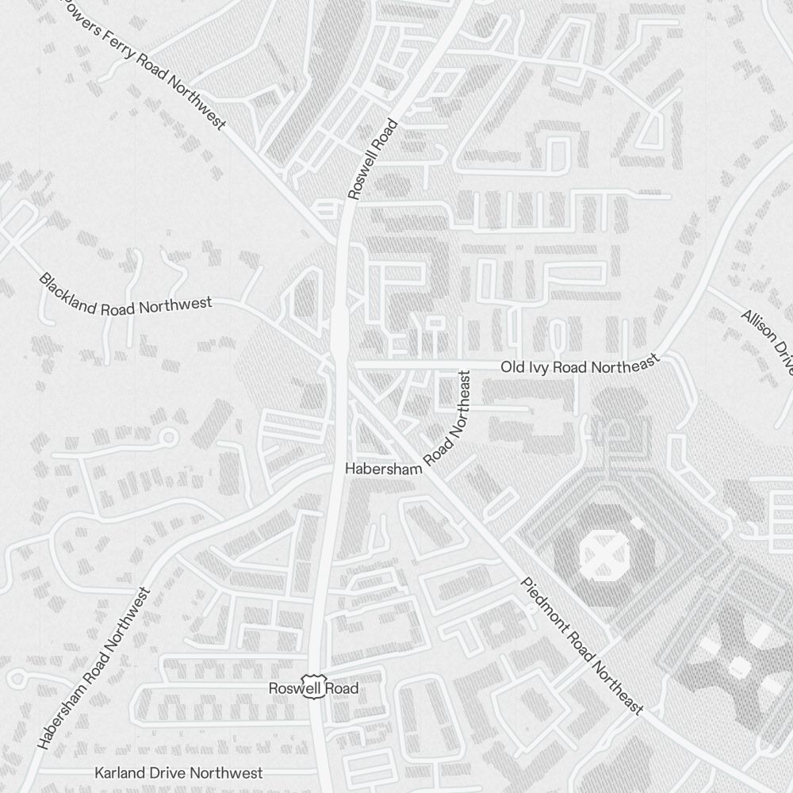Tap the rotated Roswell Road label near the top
[371, 159]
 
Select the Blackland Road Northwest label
[125, 294]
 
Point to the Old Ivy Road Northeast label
[580, 366]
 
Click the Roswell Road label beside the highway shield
[313, 688]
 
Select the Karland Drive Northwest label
[178, 772]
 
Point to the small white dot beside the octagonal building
[636, 523]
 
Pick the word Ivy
[536, 367]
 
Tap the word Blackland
[69, 289]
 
